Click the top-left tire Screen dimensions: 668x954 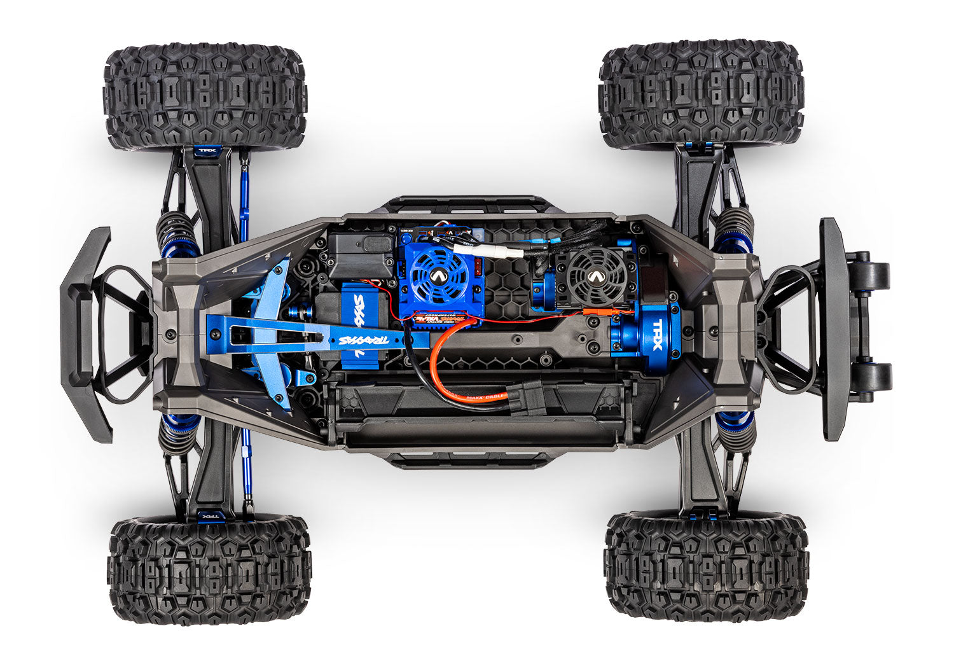click(x=205, y=95)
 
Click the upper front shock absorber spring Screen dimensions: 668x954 click(x=176, y=232)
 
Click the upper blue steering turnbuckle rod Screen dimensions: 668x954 click(x=244, y=197)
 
